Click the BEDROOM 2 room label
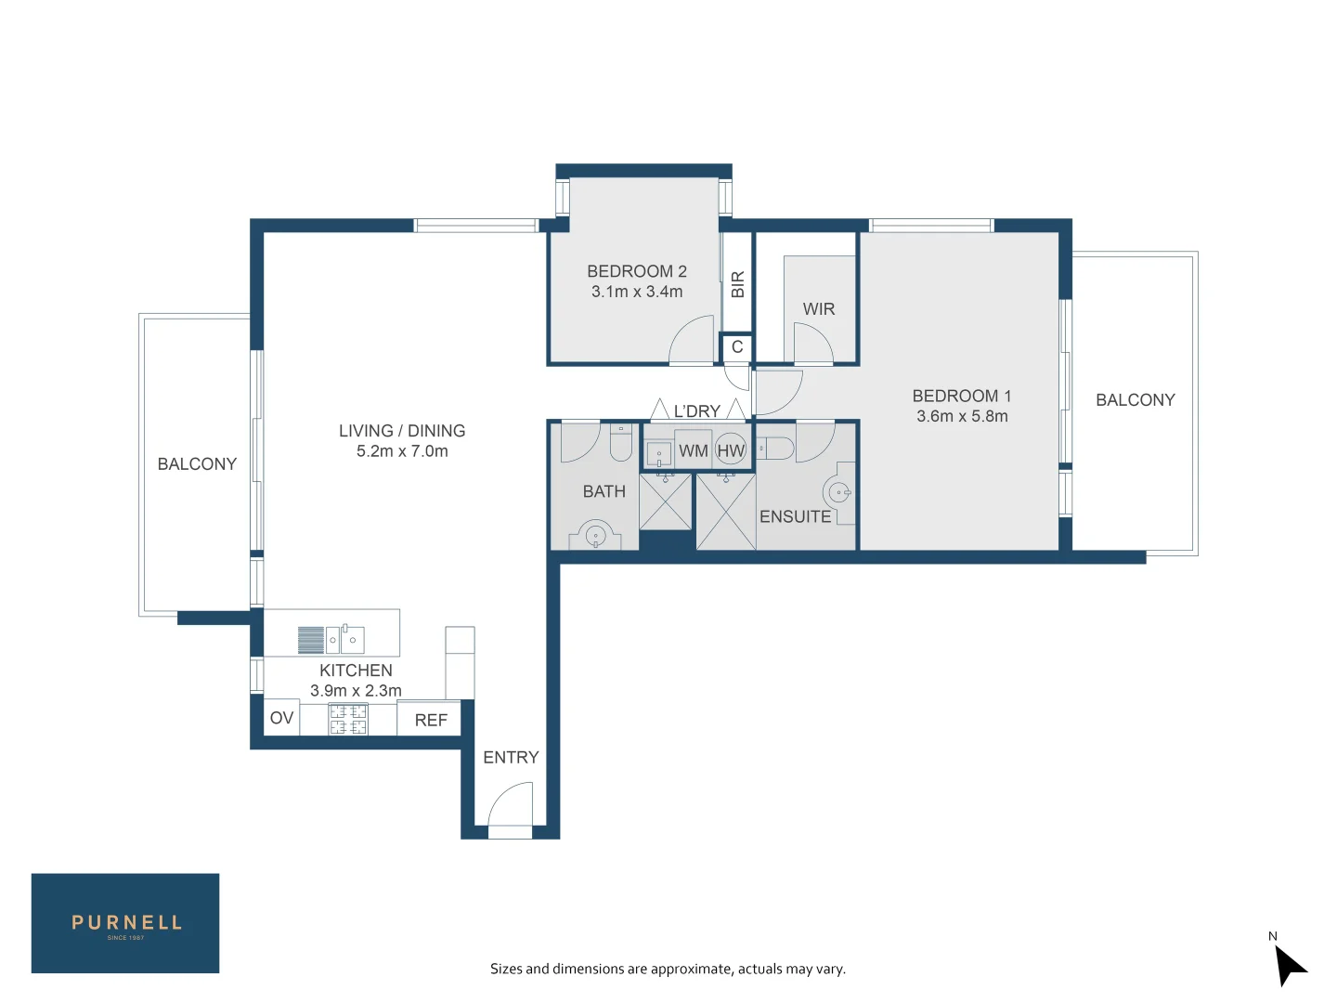[637, 271]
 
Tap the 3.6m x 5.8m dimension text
[962, 416]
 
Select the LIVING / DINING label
[402, 431]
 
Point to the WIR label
[819, 308]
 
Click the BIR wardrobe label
[737, 284]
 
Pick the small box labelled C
[737, 347]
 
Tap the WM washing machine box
[694, 450]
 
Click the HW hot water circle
[731, 449]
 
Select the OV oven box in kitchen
[281, 718]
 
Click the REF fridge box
[429, 719]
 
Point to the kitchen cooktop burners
[348, 719]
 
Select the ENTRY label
[511, 757]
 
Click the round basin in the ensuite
[837, 492]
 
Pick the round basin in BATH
[595, 535]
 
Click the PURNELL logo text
[126, 922]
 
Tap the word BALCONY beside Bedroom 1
[1136, 400]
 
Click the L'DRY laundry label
[697, 411]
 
